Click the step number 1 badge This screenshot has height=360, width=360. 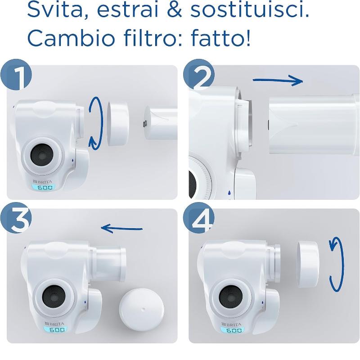coord(17,77)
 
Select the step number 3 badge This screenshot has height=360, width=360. coord(17,220)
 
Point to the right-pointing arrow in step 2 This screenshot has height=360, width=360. coord(277,81)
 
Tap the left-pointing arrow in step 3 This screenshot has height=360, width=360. coord(122,228)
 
